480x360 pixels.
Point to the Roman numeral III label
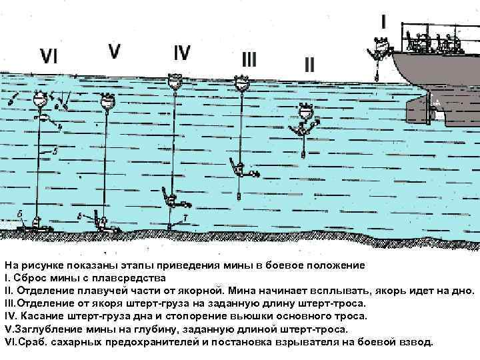coord(249,60)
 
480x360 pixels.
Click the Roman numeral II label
coord(309,65)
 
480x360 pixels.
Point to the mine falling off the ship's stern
coord(381,45)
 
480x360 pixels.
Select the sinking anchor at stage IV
coord(171,199)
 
